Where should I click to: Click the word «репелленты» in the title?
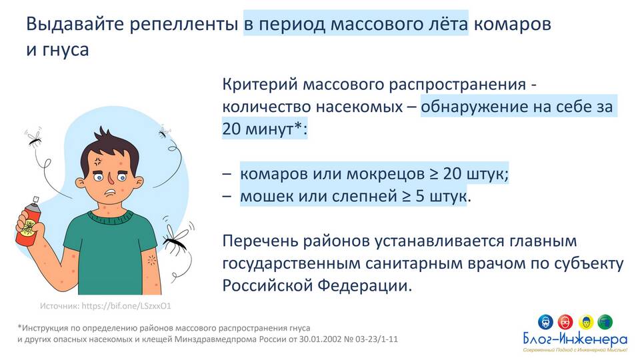[x=184, y=24]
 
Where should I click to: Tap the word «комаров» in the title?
[x=512, y=24]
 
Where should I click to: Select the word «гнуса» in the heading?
[x=65, y=50]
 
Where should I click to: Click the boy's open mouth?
[x=109, y=192]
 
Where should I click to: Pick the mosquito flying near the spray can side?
[x=33, y=138]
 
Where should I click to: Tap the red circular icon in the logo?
[x=565, y=322]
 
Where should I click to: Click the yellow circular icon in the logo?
[x=586, y=322]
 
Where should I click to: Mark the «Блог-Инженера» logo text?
[x=575, y=339]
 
